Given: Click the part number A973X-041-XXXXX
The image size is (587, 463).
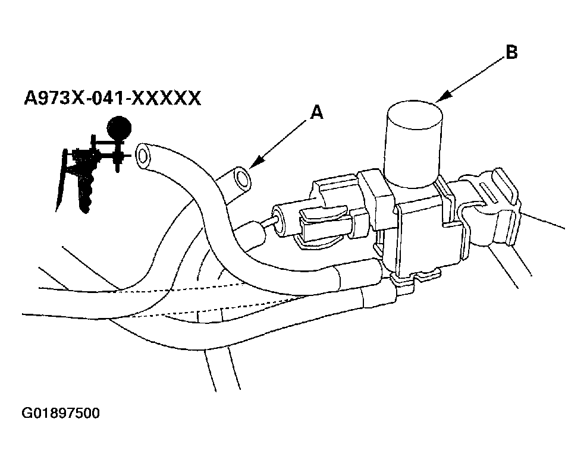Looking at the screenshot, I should [x=112, y=97].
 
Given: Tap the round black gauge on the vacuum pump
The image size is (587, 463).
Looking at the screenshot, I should [x=118, y=127].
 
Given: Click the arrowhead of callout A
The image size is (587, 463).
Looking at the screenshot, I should [x=253, y=164].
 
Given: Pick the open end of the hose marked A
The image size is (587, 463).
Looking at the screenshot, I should [x=241, y=177].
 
